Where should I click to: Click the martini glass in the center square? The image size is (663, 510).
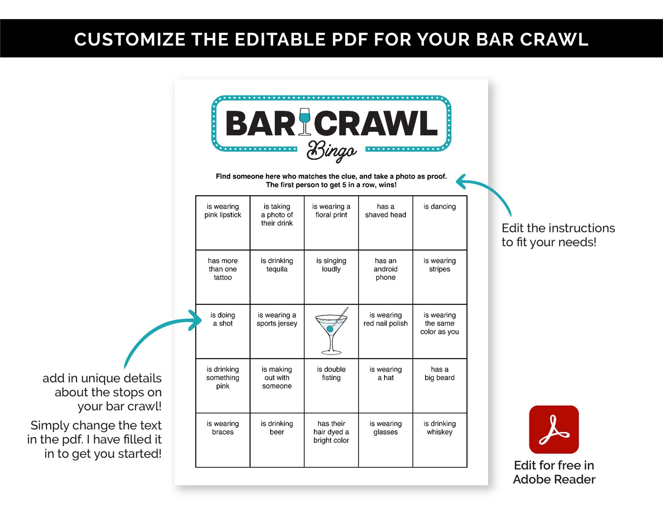click(331, 331)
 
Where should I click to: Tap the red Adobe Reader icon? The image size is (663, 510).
click(554, 429)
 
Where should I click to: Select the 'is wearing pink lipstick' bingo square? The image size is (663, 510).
click(223, 223)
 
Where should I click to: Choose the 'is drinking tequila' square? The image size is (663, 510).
click(277, 277)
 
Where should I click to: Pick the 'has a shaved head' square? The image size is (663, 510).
click(385, 223)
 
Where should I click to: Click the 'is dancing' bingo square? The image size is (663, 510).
click(440, 223)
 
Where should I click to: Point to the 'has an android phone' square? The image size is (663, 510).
click(385, 277)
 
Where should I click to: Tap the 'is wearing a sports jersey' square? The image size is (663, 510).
click(277, 331)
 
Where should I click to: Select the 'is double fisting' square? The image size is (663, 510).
click(331, 386)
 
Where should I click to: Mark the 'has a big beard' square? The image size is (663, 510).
click(440, 386)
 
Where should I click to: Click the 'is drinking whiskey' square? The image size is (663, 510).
click(440, 440)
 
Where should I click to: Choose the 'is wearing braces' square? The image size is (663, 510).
click(223, 440)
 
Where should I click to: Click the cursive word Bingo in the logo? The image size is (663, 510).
click(331, 151)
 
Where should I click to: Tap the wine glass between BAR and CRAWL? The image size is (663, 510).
click(305, 122)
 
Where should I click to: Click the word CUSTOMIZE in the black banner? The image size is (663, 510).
click(130, 39)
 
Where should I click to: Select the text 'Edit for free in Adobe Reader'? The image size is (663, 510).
click(554, 472)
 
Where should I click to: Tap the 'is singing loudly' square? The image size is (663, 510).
click(331, 277)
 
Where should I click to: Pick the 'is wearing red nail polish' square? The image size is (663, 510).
click(385, 331)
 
